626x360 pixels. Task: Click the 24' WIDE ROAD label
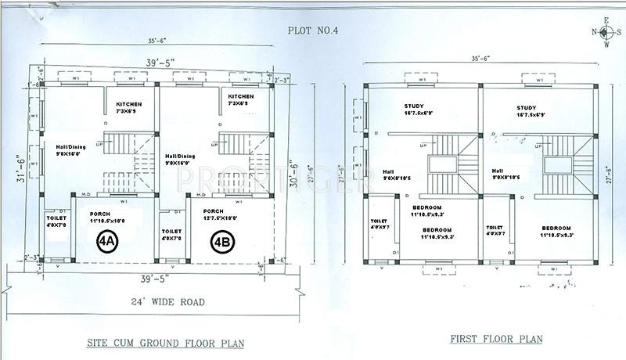[168, 301]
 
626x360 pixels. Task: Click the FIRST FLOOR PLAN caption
[497, 339]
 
